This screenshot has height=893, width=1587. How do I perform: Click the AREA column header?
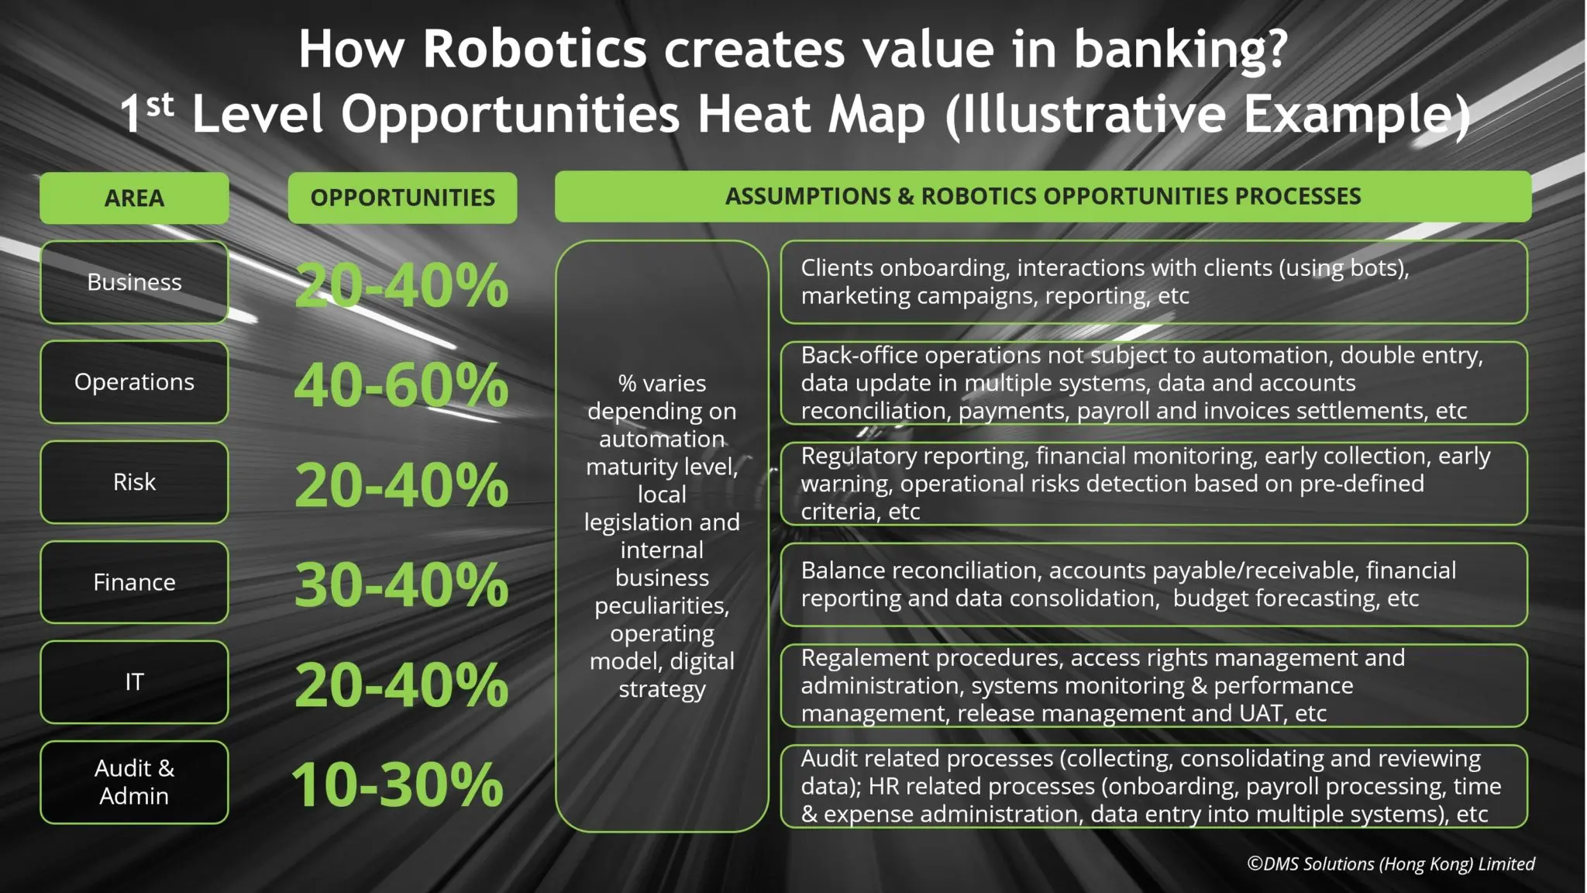[134, 198]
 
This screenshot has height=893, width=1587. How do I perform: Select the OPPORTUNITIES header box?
[402, 198]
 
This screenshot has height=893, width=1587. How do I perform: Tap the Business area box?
[134, 282]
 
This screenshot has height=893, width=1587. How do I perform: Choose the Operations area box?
[134, 382]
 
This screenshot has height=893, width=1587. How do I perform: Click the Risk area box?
[134, 482]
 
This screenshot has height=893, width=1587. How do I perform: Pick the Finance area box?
[134, 582]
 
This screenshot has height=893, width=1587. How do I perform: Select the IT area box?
[134, 682]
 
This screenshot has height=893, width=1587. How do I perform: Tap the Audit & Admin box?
[134, 782]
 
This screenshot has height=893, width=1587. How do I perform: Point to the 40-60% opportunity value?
[401, 385]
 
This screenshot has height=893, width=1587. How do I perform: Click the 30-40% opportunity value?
[401, 585]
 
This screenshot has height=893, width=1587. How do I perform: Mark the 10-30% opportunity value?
[398, 785]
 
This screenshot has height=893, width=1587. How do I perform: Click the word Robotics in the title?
[535, 49]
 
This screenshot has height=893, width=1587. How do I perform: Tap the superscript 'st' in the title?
[160, 105]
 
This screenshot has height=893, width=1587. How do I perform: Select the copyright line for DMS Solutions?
[1391, 864]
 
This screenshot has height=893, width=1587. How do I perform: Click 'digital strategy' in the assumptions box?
[663, 675]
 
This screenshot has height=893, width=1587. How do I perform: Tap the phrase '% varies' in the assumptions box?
[663, 383]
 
